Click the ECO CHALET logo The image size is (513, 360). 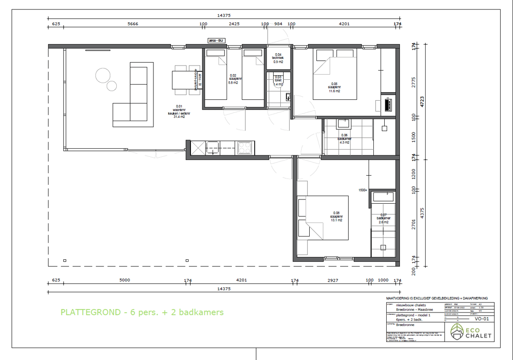(x=471, y=332)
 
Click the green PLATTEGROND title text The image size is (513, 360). (x=142, y=312)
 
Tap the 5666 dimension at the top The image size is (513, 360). (x=133, y=24)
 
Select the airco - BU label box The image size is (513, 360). (x=216, y=41)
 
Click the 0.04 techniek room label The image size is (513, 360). (x=278, y=58)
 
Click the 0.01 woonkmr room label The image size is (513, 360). (x=179, y=111)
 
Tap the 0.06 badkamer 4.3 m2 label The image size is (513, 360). (x=344, y=138)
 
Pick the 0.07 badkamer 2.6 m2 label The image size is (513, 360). (x=384, y=218)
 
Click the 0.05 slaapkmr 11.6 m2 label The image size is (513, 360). (x=334, y=87)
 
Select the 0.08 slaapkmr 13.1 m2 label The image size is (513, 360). (x=336, y=217)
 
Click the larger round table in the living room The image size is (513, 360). (x=103, y=75)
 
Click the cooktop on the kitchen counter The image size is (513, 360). (x=245, y=148)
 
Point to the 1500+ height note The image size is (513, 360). (x=363, y=190)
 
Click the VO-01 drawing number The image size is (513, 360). (x=482, y=319)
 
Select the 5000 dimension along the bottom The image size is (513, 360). (x=124, y=280)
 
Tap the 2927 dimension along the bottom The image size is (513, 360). (x=332, y=280)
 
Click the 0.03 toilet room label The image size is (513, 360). (x=278, y=80)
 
